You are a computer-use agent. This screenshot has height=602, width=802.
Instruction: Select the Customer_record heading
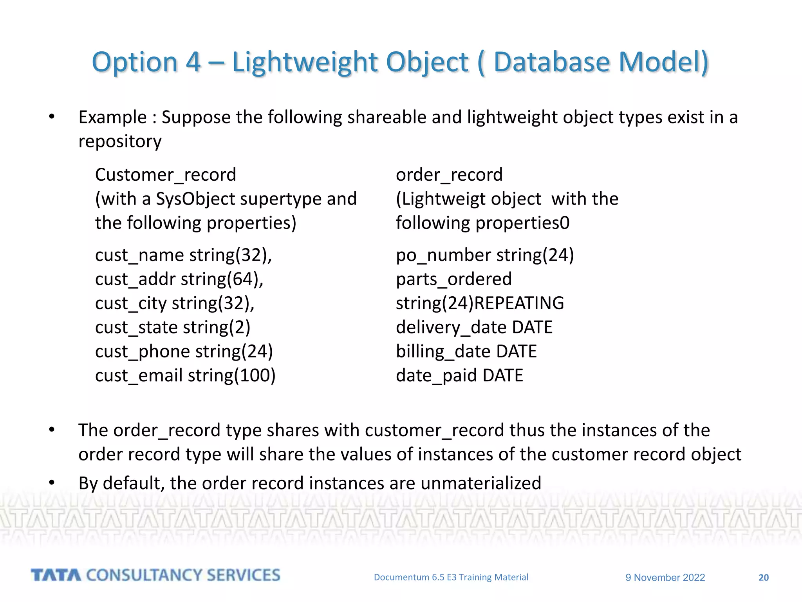[166, 175]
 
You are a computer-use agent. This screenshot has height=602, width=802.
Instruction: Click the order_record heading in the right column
[449, 175]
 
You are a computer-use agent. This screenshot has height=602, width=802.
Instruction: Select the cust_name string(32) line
[183, 255]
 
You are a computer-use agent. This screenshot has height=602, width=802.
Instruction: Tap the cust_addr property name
[135, 279]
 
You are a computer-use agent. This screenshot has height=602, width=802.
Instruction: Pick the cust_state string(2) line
[172, 327]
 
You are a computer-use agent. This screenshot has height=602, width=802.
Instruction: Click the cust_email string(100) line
[185, 375]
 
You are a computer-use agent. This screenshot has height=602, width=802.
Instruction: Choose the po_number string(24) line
[485, 255]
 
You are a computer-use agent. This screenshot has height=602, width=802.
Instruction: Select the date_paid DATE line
[459, 375]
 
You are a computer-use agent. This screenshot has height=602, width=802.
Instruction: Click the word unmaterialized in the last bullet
[481, 483]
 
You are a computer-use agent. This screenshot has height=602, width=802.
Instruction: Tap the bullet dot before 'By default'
[52, 483]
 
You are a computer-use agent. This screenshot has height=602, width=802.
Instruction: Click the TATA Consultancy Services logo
[155, 575]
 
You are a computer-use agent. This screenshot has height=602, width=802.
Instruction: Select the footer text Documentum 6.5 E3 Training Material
[451, 577]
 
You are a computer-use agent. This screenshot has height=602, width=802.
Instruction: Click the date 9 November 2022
[665, 578]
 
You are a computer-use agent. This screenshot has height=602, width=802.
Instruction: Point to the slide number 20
[764, 578]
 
